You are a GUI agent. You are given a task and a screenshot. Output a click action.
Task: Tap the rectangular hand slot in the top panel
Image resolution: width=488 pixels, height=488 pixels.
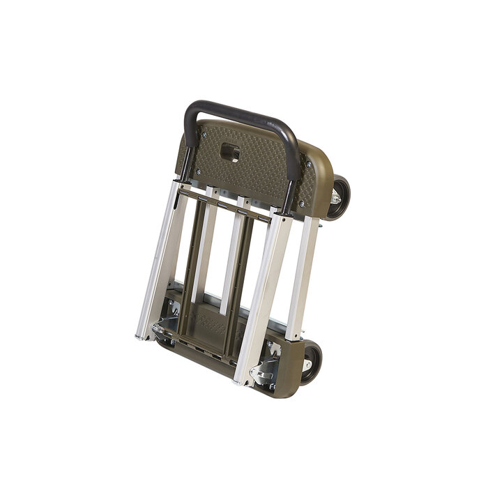[x=231, y=153]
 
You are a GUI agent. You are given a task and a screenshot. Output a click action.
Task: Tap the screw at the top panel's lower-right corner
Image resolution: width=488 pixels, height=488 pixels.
[x=301, y=204]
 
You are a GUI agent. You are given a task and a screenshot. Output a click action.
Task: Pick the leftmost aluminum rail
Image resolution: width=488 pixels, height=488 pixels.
[x=159, y=265]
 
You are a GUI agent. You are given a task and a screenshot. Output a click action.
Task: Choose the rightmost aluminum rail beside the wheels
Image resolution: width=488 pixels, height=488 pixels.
[x=303, y=279]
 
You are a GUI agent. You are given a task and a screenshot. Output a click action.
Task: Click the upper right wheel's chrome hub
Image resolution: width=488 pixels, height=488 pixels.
[x=335, y=198]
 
